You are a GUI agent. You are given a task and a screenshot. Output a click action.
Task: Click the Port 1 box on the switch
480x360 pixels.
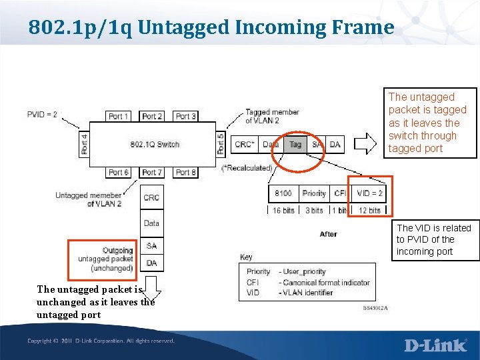click(119, 116)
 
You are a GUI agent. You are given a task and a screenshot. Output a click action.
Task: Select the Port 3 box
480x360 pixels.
click(185, 116)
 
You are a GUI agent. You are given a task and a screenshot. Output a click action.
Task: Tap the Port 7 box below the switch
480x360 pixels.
click(152, 173)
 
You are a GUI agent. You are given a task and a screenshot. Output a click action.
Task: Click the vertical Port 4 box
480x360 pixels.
click(84, 144)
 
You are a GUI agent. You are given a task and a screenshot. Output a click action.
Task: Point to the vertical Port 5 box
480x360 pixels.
click(221, 144)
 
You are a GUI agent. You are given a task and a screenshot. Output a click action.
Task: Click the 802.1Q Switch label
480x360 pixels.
click(155, 144)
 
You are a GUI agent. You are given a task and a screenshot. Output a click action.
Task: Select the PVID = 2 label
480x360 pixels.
click(42, 114)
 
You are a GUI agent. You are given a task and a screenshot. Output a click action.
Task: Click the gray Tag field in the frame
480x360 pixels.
click(295, 144)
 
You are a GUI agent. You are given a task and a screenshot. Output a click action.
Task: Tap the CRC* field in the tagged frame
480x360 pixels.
click(243, 144)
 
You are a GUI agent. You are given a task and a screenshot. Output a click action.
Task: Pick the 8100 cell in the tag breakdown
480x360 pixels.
click(283, 193)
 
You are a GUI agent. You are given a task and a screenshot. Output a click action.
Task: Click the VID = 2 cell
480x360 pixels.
click(369, 193)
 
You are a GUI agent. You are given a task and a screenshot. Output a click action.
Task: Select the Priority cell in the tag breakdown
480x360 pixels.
click(314, 193)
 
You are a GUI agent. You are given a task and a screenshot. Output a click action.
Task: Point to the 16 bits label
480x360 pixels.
click(283, 210)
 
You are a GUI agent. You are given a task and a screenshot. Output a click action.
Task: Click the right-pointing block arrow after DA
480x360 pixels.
click(365, 144)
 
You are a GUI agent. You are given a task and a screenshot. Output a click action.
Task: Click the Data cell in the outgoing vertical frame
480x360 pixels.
click(152, 223)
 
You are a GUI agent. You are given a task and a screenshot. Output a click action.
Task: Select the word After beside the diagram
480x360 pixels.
click(328, 234)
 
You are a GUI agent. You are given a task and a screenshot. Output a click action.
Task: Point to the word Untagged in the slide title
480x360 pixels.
click(176, 27)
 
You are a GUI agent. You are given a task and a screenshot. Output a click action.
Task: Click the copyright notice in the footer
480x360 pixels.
click(101, 341)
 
